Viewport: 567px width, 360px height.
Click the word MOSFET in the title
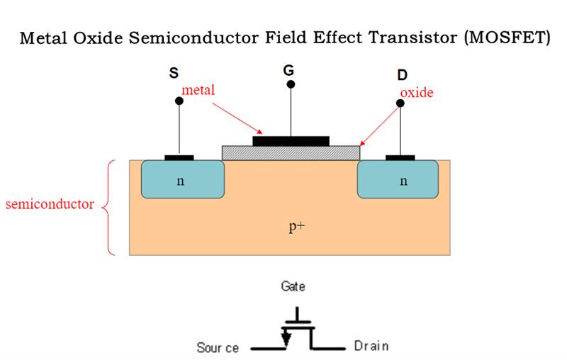coord(507,38)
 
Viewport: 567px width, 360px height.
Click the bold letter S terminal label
coord(174,73)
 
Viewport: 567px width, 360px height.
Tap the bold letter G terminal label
coord(288,70)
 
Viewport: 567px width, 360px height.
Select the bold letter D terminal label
coord(402,75)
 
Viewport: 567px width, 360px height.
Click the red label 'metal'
coord(198,89)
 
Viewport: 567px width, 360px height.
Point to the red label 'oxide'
coord(417,93)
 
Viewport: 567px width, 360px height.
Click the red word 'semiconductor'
coord(50,204)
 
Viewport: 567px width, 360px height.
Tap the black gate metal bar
coord(291,141)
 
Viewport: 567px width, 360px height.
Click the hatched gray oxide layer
coord(291,153)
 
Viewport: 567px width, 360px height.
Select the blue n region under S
coord(183,179)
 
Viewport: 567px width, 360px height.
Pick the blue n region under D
coord(398,179)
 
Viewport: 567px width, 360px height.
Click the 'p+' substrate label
coord(297,227)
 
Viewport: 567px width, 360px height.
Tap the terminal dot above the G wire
coord(291,84)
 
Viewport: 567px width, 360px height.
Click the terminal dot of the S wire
coord(179,101)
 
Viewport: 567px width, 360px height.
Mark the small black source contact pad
coord(179,157)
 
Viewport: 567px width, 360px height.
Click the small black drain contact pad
coord(400,157)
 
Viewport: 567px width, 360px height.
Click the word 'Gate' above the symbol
coord(293,286)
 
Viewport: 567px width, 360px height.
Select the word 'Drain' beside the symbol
coord(371,346)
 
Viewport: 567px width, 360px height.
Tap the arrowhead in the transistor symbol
coord(286,339)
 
